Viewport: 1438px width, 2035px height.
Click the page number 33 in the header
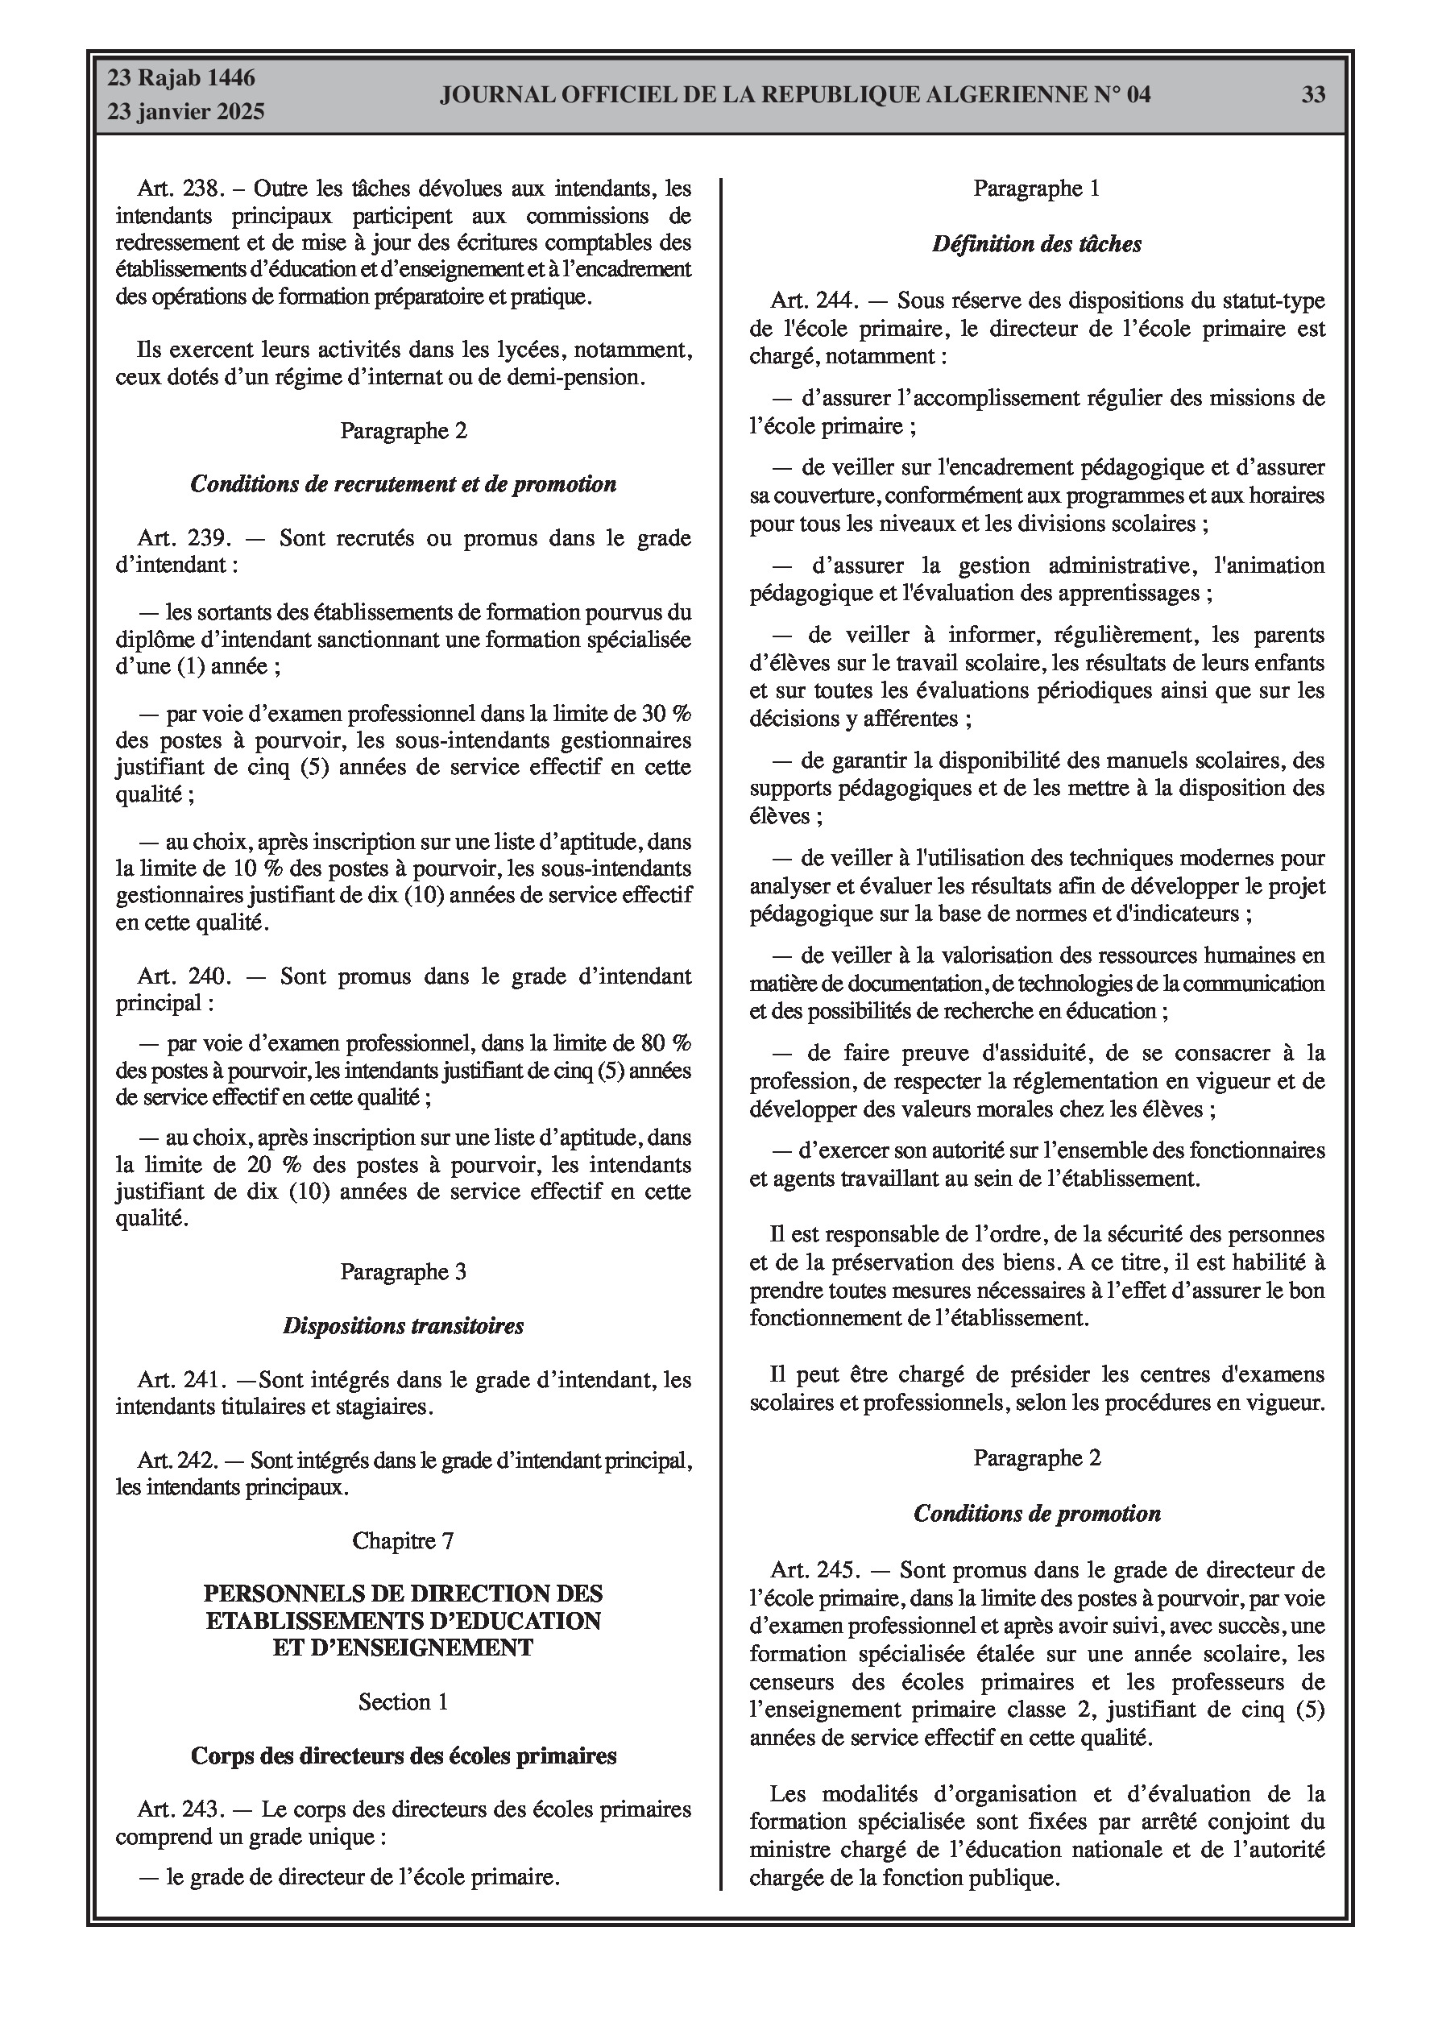click(1313, 95)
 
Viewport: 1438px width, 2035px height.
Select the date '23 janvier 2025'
click(186, 112)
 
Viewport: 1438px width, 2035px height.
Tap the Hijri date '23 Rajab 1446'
click(182, 78)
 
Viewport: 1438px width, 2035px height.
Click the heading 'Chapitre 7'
click(404, 1540)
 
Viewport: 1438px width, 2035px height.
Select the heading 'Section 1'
click(404, 1701)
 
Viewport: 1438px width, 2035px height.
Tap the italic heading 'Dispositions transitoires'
click(404, 1326)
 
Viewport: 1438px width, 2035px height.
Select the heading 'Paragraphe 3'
click(404, 1272)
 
